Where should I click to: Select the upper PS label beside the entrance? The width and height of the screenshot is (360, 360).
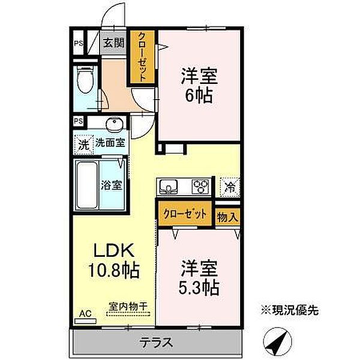tap(79, 43)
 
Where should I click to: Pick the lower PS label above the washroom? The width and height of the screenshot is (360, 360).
tap(79, 121)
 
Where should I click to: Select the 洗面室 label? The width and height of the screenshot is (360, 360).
tap(110, 143)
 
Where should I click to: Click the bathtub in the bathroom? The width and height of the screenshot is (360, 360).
tap(88, 184)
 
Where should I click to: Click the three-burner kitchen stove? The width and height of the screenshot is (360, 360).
tap(200, 187)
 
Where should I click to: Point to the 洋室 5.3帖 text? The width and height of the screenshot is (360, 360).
tap(197, 278)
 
